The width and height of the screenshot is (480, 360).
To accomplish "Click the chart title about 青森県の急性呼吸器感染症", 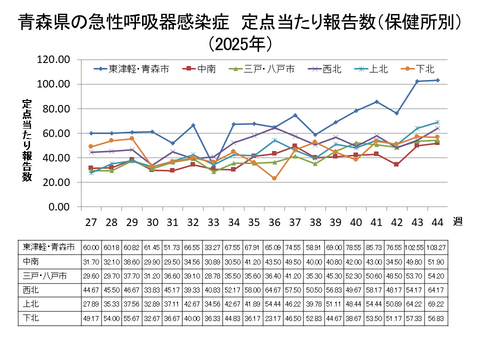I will tap(240, 21).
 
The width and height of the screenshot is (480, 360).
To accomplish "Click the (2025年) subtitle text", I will tap(240, 44).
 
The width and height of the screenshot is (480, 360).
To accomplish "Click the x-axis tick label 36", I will tap(274, 224).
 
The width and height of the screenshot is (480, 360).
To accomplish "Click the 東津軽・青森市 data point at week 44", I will tap(437, 80).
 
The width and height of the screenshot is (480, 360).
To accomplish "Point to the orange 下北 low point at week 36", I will tap(274, 178).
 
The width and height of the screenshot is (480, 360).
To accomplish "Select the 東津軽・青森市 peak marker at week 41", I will tap(376, 102).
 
